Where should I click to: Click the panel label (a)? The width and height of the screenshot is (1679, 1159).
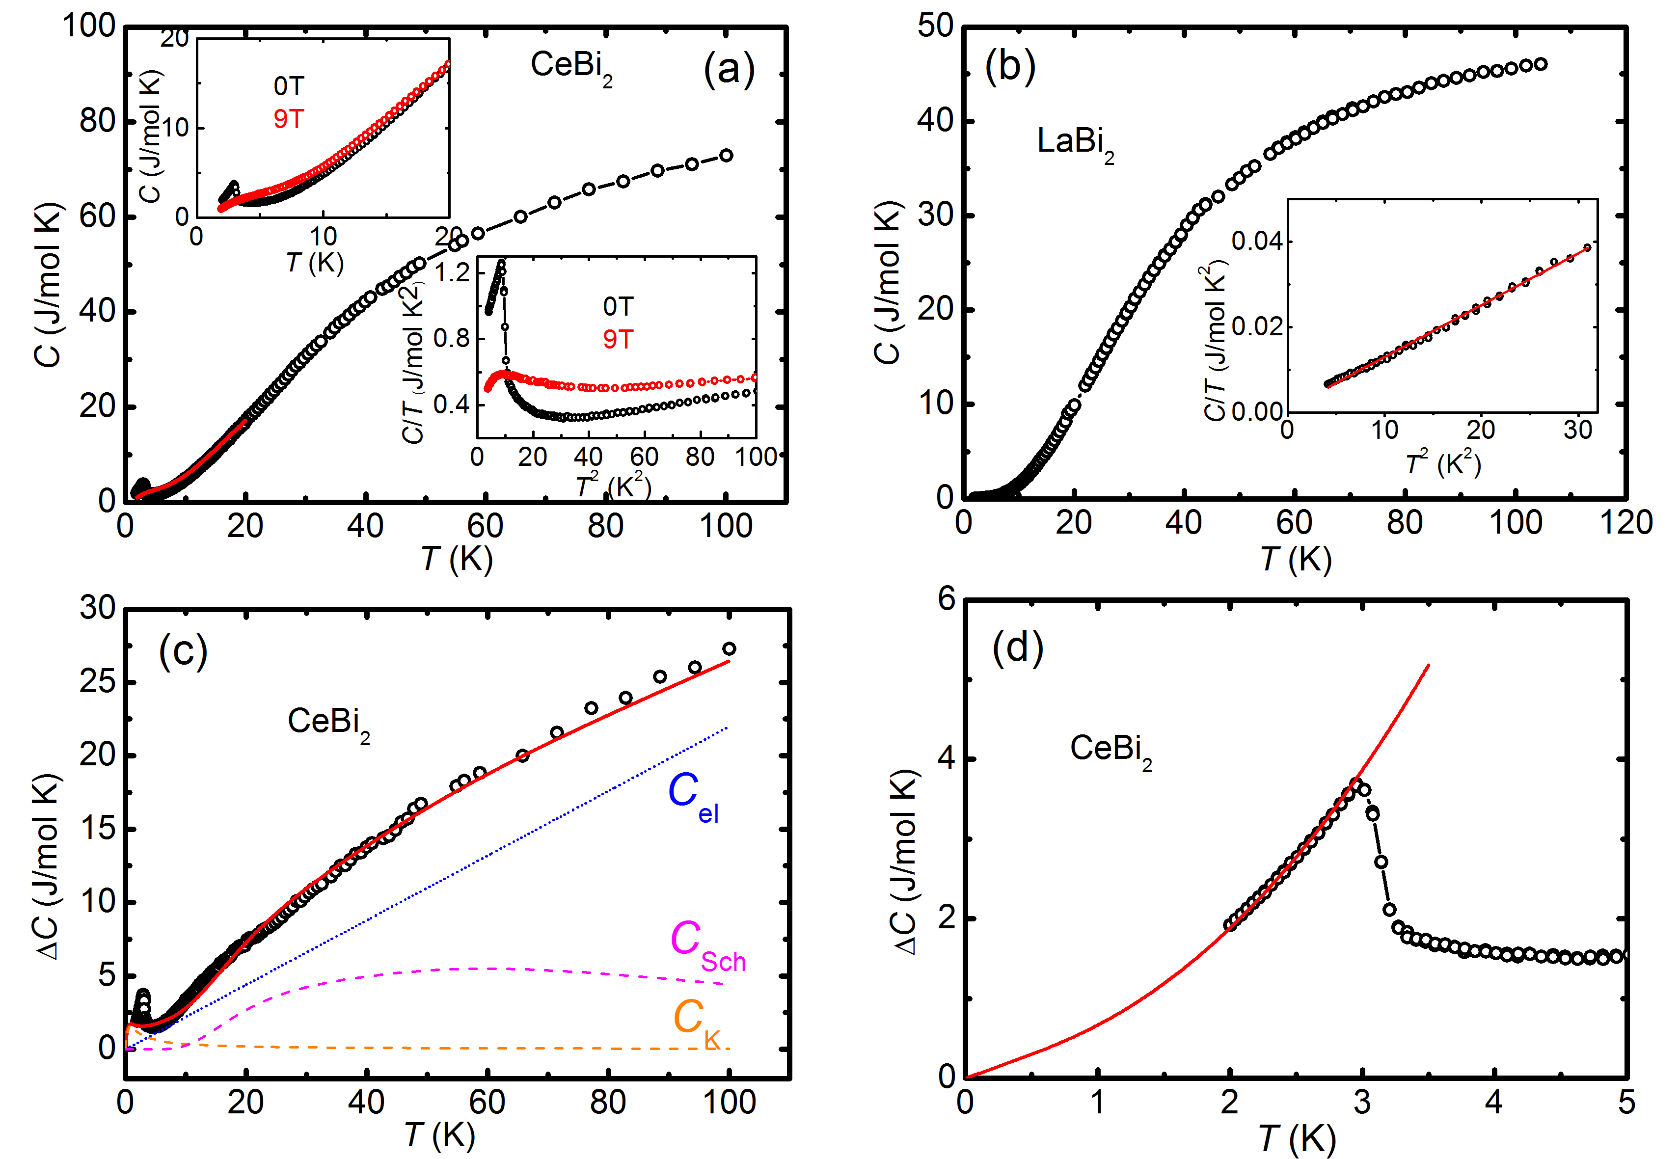(729, 70)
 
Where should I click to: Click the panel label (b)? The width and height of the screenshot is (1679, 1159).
(1009, 67)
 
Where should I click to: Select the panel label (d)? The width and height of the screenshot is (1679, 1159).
(1017, 647)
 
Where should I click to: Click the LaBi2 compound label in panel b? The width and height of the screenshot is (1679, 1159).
(1075, 142)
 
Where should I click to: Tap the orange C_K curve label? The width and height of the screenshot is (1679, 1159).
(696, 1020)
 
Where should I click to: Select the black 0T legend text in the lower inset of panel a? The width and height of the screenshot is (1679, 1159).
(618, 306)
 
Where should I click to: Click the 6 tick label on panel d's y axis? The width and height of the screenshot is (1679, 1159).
(946, 600)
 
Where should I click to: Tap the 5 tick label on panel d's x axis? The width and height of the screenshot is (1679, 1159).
(1626, 1103)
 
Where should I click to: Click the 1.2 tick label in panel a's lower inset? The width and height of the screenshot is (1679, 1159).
(452, 273)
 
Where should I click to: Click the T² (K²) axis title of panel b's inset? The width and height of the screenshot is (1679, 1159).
(1443, 462)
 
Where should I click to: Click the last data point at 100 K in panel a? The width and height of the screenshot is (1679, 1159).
(726, 156)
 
